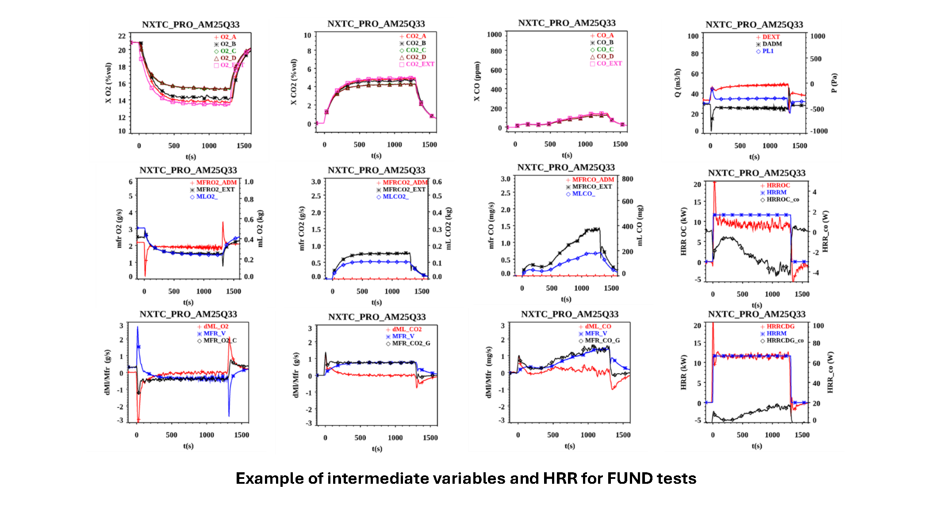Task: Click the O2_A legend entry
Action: coord(228,37)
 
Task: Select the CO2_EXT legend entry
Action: coord(420,64)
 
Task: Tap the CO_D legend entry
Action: coord(605,57)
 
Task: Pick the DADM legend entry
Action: coord(772,44)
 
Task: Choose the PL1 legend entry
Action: coord(767,51)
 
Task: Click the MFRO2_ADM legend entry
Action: coord(216,182)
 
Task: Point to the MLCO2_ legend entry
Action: coord(395,196)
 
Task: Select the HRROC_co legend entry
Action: coord(782,199)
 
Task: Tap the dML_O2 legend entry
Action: coord(215,326)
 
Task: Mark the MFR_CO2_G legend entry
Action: coord(410,343)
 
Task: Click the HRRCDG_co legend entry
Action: coord(785,340)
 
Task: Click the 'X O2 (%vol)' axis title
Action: coord(108,83)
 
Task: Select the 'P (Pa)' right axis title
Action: coord(834,83)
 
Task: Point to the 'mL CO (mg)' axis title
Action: coord(640,226)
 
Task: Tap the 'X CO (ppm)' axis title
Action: coord(477,81)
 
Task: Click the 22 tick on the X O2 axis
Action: coord(122,36)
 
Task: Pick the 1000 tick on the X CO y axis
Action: coord(494,34)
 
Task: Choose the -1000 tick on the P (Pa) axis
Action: coord(818,131)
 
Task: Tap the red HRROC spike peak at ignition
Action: coord(714,182)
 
